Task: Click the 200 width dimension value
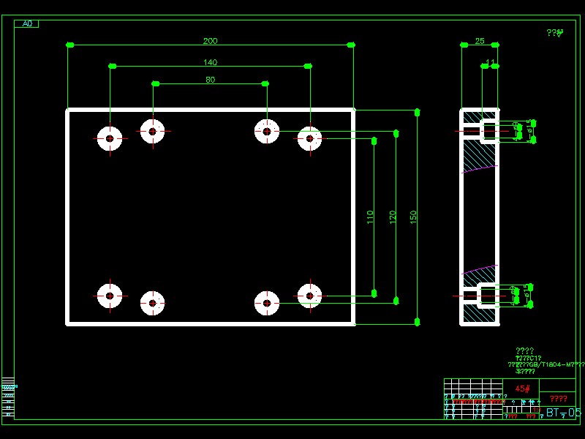pos(210,41)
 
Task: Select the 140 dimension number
pos(210,62)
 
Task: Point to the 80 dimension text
pos(210,80)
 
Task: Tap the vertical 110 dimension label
pos(370,217)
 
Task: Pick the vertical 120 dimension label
pos(393,217)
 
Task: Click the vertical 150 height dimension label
pos(413,217)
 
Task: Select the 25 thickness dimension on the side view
pos(480,41)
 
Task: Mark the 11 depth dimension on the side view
pos(490,62)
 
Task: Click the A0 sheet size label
pos(27,23)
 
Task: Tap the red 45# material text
pos(522,389)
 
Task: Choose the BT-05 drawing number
pos(563,413)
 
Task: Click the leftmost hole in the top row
pos(110,138)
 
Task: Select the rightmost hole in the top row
pos(309,138)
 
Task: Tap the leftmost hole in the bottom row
pos(110,296)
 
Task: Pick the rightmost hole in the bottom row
pos(309,296)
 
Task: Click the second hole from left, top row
pos(152,132)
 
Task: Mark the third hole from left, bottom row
pos(267,303)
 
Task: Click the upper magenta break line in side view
pos(480,169)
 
